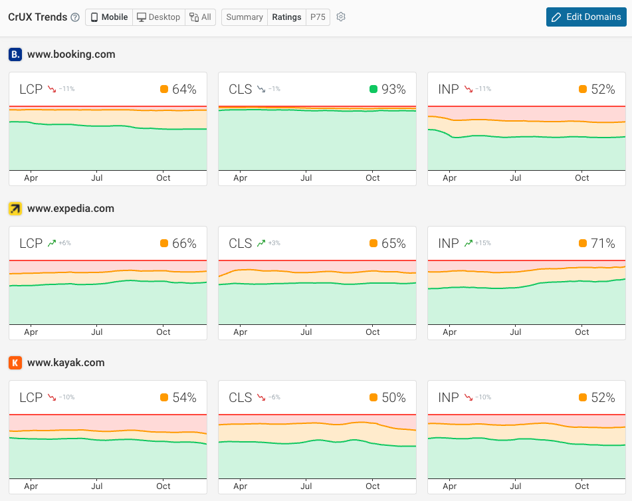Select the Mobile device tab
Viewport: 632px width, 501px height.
tap(109, 17)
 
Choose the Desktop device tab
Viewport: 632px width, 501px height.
tap(158, 17)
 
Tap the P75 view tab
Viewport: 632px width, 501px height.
tap(318, 17)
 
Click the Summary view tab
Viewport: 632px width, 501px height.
tap(245, 17)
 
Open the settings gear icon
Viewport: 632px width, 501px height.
tap(341, 17)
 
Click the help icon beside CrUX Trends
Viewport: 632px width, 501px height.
tap(75, 17)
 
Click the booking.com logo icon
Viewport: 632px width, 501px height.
tap(15, 54)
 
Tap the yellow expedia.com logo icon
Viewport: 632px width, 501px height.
tap(15, 209)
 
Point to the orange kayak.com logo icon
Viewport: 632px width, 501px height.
tap(15, 363)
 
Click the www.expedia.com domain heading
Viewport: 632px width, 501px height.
tap(70, 209)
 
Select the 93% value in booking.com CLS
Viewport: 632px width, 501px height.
tap(393, 90)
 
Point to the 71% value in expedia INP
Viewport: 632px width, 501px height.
tap(603, 244)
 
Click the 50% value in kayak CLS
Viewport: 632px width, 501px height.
tap(393, 398)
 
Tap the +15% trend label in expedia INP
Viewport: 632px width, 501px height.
tap(482, 244)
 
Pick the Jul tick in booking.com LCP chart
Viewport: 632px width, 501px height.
tap(97, 178)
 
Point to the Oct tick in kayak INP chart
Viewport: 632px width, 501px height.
tap(582, 486)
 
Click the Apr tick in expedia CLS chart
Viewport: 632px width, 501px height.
tap(241, 332)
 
